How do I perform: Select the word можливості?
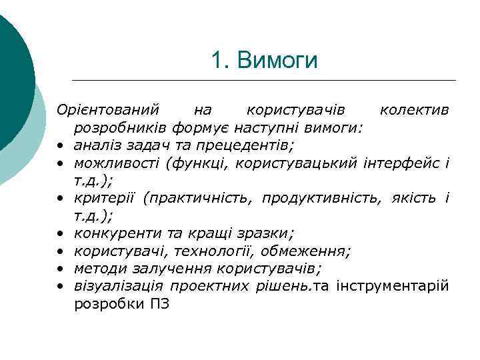[107, 162]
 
